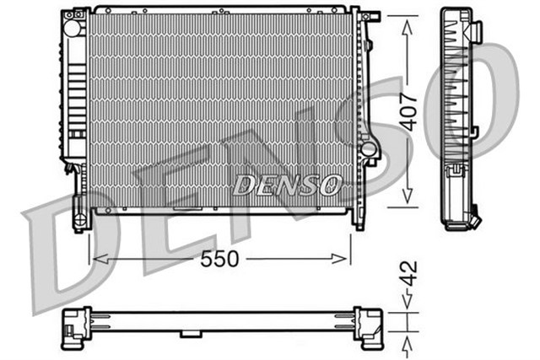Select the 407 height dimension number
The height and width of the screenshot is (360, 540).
408,110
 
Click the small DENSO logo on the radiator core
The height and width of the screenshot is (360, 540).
287,183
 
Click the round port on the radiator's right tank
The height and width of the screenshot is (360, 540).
368,149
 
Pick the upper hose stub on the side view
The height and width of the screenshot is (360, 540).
475,33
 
